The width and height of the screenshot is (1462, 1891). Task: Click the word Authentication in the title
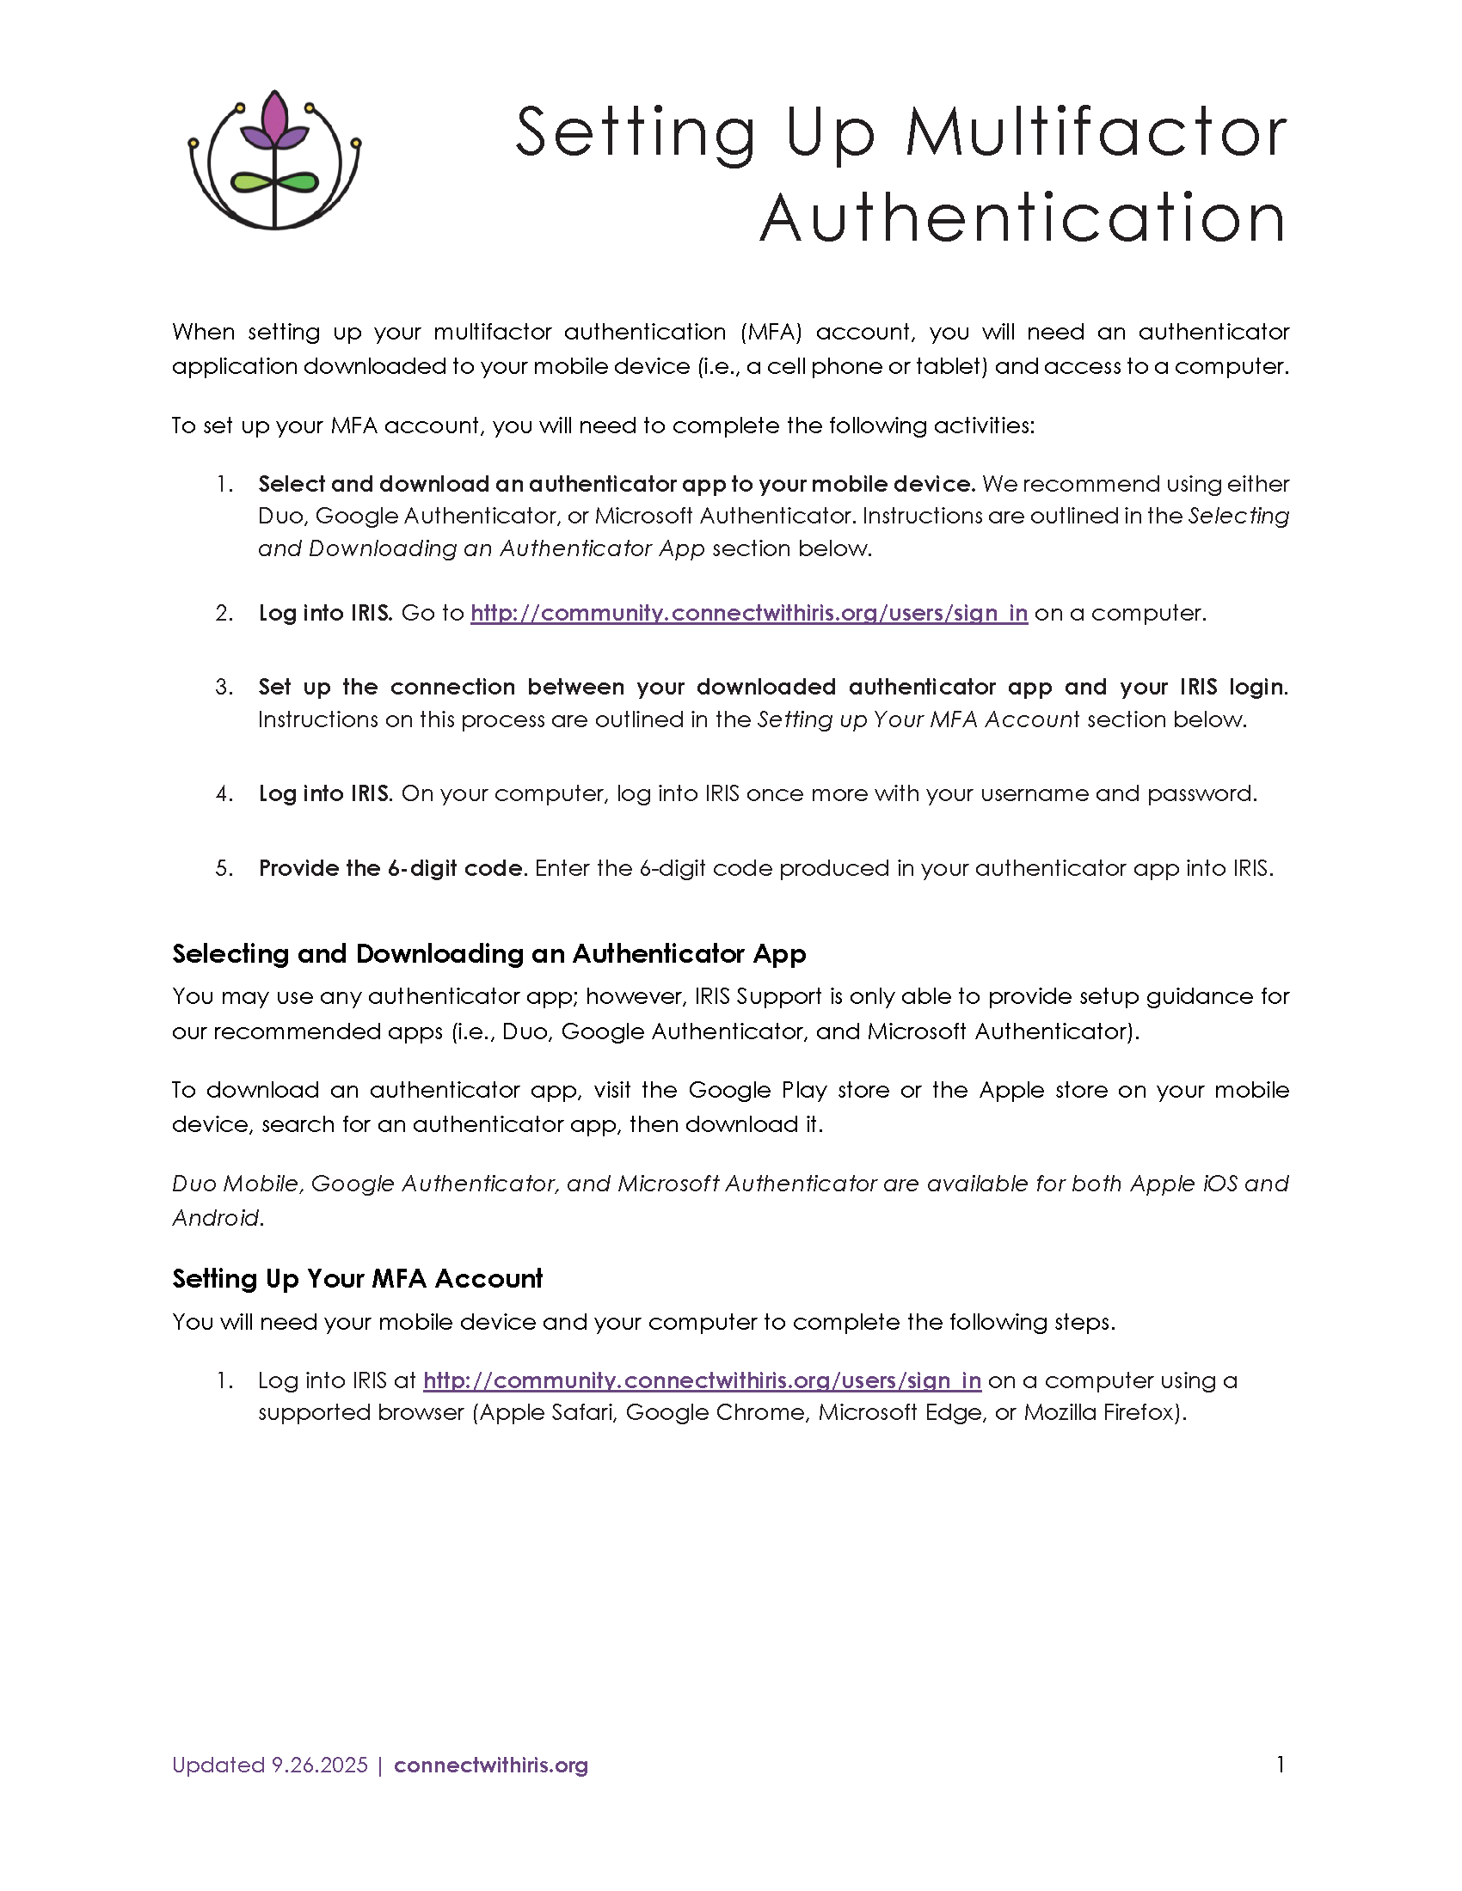pos(1023,218)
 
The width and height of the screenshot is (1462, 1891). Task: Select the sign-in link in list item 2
pos(748,613)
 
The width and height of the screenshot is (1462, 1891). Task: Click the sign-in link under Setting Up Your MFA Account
pos(702,1380)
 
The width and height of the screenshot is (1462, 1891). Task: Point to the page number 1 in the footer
pos(1281,1765)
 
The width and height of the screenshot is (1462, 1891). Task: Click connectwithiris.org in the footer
pos(490,1766)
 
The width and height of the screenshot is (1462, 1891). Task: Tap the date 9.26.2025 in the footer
pos(320,1766)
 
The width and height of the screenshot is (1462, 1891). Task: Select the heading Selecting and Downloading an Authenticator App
pos(488,953)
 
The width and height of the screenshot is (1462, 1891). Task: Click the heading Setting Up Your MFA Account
pos(357,1278)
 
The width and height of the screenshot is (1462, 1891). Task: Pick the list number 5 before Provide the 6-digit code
pos(224,868)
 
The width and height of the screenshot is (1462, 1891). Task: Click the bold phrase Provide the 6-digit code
pos(392,868)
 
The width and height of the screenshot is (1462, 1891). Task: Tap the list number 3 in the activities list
pos(224,687)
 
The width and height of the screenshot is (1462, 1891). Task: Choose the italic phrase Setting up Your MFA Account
pos(918,719)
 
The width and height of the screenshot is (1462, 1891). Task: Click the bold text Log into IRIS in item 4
pos(326,793)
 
